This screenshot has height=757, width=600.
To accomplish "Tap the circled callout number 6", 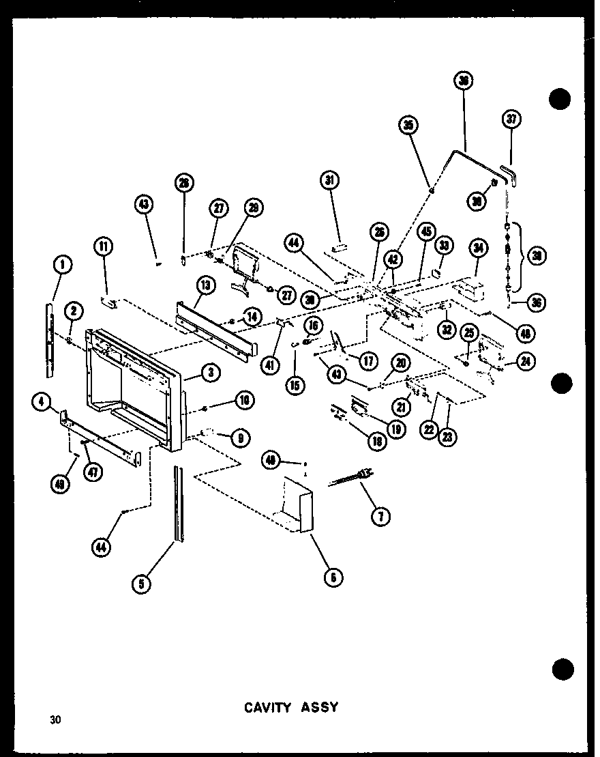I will [333, 577].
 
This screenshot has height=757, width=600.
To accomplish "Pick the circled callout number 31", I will [331, 180].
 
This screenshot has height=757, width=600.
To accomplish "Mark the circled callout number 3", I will [210, 372].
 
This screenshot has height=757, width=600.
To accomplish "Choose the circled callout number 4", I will [42, 404].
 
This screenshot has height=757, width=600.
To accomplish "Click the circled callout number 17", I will [367, 360].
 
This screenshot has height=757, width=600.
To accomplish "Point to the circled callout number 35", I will [409, 125].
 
